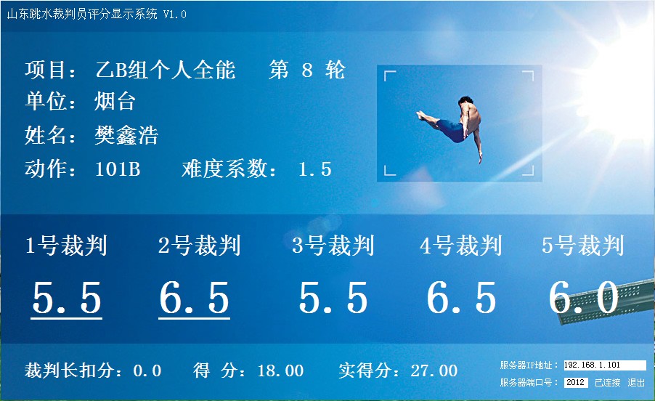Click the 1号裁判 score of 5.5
[67, 297]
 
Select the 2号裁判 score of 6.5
[194, 297]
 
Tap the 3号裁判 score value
[333, 297]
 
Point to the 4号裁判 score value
[461, 297]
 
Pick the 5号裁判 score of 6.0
[584, 297]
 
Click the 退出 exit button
[636, 383]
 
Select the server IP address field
[605, 365]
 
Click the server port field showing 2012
[576, 383]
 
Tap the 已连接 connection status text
[607, 383]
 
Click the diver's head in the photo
[465, 101]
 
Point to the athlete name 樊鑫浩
[126, 135]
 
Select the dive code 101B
[118, 169]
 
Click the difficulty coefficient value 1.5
[315, 169]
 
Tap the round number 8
[307, 70]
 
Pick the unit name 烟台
[115, 102]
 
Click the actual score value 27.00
[434, 370]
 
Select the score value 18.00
[281, 370]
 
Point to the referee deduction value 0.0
[147, 370]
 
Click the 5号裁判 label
[582, 246]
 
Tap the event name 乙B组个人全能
[166, 70]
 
